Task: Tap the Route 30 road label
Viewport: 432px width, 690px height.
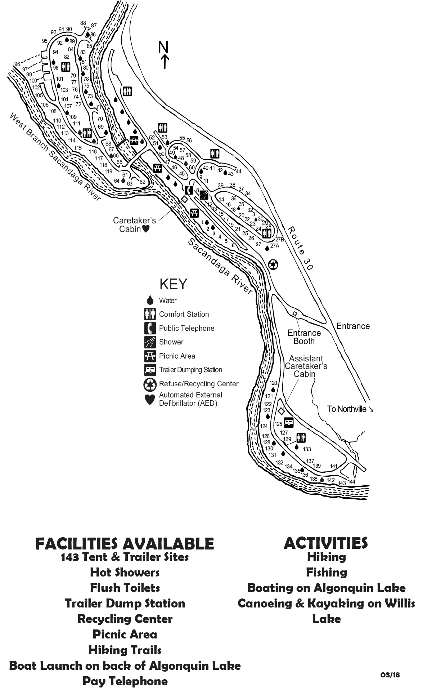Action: pyautogui.click(x=301, y=249)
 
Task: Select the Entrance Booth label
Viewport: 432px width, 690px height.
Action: pyautogui.click(x=304, y=337)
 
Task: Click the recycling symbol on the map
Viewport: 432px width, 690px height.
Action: pyautogui.click(x=274, y=265)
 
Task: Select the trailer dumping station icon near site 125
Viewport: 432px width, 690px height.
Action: pyautogui.click(x=289, y=422)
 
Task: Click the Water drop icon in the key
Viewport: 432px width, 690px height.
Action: pyautogui.click(x=150, y=300)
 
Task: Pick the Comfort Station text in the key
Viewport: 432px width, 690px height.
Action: pyautogui.click(x=184, y=314)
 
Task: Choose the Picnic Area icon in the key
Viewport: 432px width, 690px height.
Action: pyautogui.click(x=150, y=356)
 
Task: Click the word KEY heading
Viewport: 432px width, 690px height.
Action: pyautogui.click(x=174, y=284)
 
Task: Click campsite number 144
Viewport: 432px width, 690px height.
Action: pyautogui.click(x=351, y=482)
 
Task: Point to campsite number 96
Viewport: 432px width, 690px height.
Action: pyautogui.click(x=17, y=64)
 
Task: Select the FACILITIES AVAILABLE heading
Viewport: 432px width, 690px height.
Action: pyautogui.click(x=125, y=543)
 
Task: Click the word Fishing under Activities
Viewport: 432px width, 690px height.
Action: pyautogui.click(x=327, y=572)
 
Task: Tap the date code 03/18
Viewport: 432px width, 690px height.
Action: pyautogui.click(x=390, y=675)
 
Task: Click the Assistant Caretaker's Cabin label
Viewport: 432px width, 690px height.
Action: pyautogui.click(x=306, y=366)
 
